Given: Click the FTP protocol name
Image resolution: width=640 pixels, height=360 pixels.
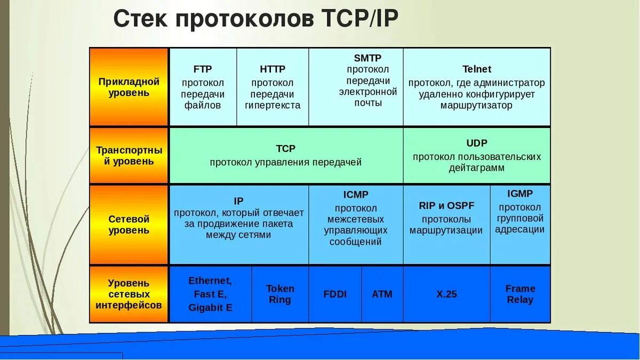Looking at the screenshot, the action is tap(203, 69).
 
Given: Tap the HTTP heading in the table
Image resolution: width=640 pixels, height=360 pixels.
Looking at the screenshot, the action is tap(273, 69).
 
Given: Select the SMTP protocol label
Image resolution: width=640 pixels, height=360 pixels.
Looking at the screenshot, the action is tap(367, 58).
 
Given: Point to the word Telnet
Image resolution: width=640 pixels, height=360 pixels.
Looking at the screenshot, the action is tap(476, 69).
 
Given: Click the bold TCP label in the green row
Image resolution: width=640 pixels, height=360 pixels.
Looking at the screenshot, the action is tap(285, 149).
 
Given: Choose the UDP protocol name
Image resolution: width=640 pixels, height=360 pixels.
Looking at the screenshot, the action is tap(476, 143).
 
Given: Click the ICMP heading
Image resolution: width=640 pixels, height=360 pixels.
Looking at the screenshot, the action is tap(356, 195).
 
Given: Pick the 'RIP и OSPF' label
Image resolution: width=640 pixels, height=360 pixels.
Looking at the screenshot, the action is tap(446, 206).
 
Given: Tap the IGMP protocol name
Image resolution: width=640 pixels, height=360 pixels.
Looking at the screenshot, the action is tap(519, 194).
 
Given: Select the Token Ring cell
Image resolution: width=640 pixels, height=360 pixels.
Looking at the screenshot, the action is tap(280, 294).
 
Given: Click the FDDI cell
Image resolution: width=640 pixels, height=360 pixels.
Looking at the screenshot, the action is tap(335, 294).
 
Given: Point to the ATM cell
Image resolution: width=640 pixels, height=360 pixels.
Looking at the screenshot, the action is tap(382, 294).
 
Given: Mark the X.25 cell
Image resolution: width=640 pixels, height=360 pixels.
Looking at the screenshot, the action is tap(446, 294).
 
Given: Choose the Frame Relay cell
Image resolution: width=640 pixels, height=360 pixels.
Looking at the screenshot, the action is tap(520, 294).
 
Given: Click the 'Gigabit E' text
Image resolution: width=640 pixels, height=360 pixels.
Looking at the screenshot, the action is tap(210, 308).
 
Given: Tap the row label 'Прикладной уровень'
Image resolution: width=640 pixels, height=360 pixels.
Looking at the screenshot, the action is tap(129, 87).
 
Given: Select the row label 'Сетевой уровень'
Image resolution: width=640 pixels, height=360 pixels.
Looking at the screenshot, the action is tap(129, 225).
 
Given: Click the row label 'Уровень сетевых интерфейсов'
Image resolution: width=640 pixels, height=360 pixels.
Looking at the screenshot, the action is tap(129, 294).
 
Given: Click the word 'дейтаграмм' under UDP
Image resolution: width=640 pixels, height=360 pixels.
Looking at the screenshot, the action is tap(476, 168).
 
